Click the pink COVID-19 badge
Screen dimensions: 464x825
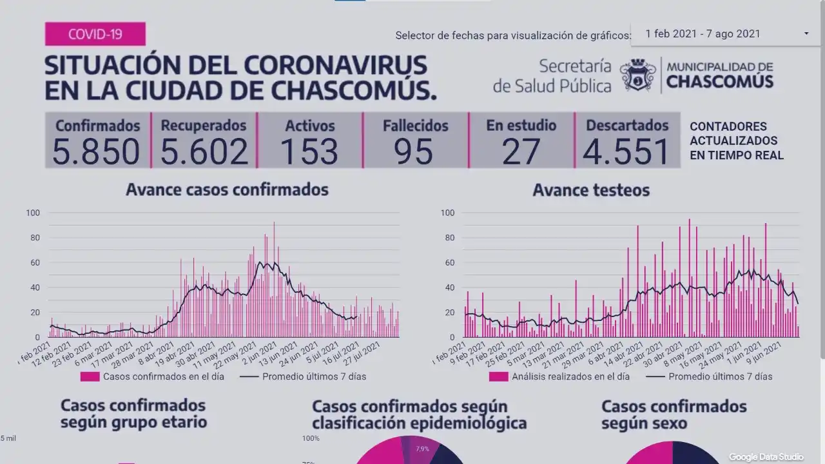95,34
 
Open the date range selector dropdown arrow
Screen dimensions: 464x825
806,34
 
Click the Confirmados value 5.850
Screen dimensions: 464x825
96,151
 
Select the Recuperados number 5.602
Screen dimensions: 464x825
204,151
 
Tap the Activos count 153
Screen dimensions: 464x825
309,151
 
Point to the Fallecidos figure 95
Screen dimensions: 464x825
414,151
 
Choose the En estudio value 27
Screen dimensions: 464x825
521,151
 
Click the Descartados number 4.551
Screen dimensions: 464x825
626,151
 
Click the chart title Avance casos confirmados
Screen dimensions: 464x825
227,189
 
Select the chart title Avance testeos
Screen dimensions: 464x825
591,190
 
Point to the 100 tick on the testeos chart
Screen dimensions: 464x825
447,213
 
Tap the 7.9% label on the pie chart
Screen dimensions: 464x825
422,449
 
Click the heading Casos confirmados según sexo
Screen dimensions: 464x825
674,414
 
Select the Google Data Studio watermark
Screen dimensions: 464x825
766,457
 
